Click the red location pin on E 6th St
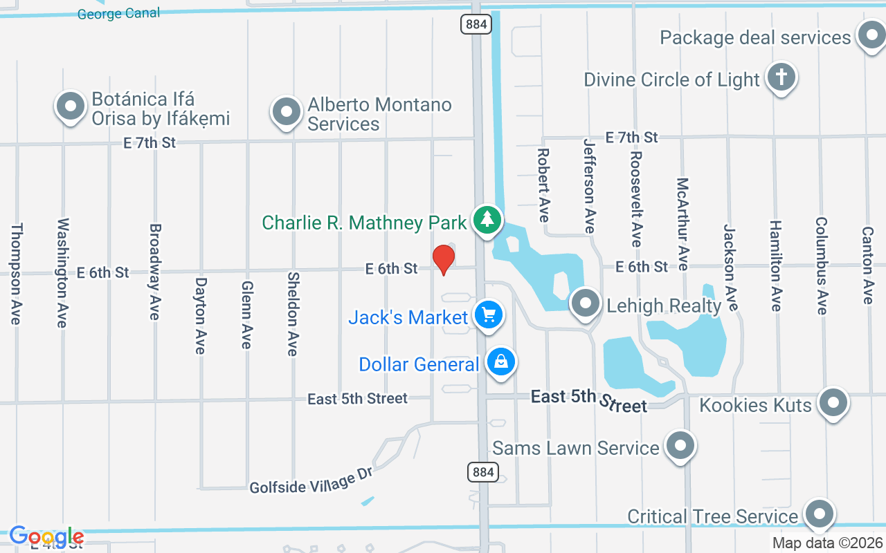(443, 259)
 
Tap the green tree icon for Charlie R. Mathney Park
(488, 220)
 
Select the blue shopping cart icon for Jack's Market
(489, 315)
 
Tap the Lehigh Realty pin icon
(586, 303)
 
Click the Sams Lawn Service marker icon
(680, 446)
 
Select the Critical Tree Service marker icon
(820, 514)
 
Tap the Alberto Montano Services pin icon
(286, 111)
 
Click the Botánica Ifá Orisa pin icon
(70, 106)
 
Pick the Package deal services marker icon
(871, 35)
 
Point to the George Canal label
(118, 13)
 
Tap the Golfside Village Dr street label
(311, 480)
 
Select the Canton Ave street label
(867, 265)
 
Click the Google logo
(46, 536)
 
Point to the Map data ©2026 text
(828, 543)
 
